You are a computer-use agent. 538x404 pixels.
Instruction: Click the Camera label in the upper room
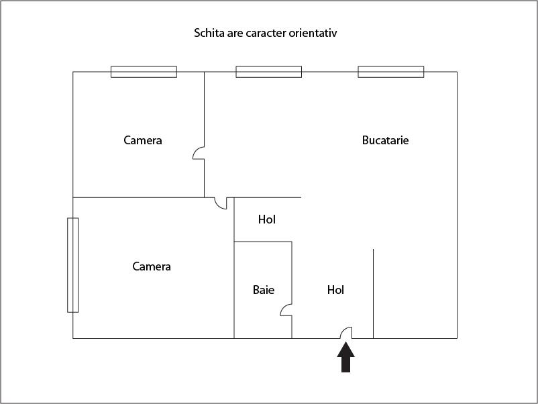pyautogui.click(x=143, y=140)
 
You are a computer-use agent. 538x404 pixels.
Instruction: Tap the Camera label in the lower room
pyautogui.click(x=152, y=266)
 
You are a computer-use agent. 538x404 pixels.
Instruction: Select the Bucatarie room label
pyautogui.click(x=385, y=140)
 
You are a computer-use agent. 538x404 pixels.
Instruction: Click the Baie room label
pyautogui.click(x=264, y=290)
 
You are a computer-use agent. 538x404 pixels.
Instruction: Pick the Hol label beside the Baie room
pyautogui.click(x=335, y=290)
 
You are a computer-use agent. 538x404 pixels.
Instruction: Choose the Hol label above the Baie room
pyautogui.click(x=267, y=219)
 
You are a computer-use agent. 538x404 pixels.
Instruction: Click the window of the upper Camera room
pyautogui.click(x=144, y=72)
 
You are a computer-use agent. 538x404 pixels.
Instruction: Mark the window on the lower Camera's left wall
pyautogui.click(x=73, y=265)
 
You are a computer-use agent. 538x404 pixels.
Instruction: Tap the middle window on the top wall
pyautogui.click(x=268, y=72)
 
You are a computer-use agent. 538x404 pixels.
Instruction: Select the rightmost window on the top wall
pyautogui.click(x=390, y=72)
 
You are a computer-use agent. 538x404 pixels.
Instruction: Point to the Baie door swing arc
pyautogui.click(x=286, y=310)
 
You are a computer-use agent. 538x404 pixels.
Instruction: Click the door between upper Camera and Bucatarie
pyautogui.click(x=199, y=154)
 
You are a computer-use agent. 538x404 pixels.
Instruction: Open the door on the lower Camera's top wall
pyautogui.click(x=219, y=203)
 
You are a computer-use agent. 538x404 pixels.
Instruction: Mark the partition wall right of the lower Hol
pyautogui.click(x=373, y=294)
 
